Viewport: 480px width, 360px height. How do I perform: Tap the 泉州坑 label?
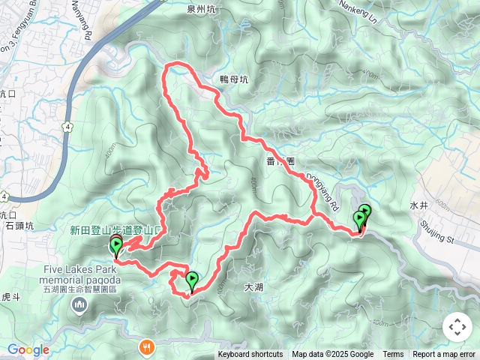(202, 10)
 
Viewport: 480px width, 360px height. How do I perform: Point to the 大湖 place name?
(254, 287)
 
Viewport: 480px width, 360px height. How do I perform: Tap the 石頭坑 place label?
(19, 225)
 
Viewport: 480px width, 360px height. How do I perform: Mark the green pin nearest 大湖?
(192, 280)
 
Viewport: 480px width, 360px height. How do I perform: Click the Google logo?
(28, 349)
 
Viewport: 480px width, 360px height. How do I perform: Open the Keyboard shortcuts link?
(250, 355)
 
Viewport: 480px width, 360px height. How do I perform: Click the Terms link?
(393, 355)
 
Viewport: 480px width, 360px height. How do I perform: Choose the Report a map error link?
(444, 355)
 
